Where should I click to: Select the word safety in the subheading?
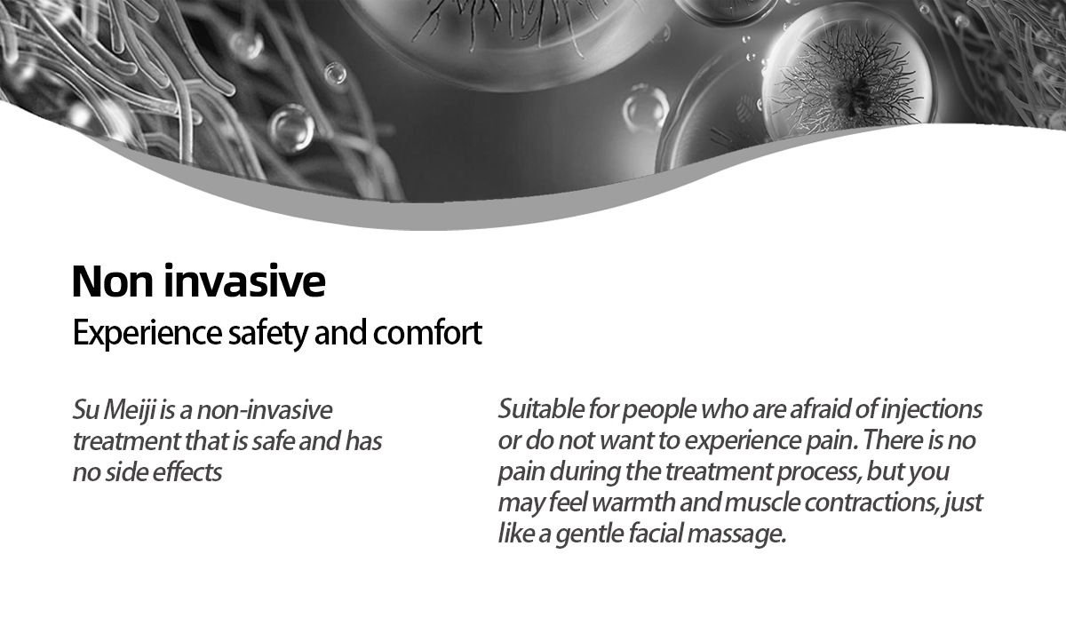tap(268, 334)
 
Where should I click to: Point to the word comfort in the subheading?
tap(427, 332)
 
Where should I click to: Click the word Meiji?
tap(130, 410)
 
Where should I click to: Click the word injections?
tap(931, 409)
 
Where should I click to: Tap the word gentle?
tap(589, 534)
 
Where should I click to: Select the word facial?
tap(656, 533)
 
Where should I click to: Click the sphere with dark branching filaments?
tap(847, 77)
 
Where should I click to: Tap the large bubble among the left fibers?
tap(290, 129)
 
